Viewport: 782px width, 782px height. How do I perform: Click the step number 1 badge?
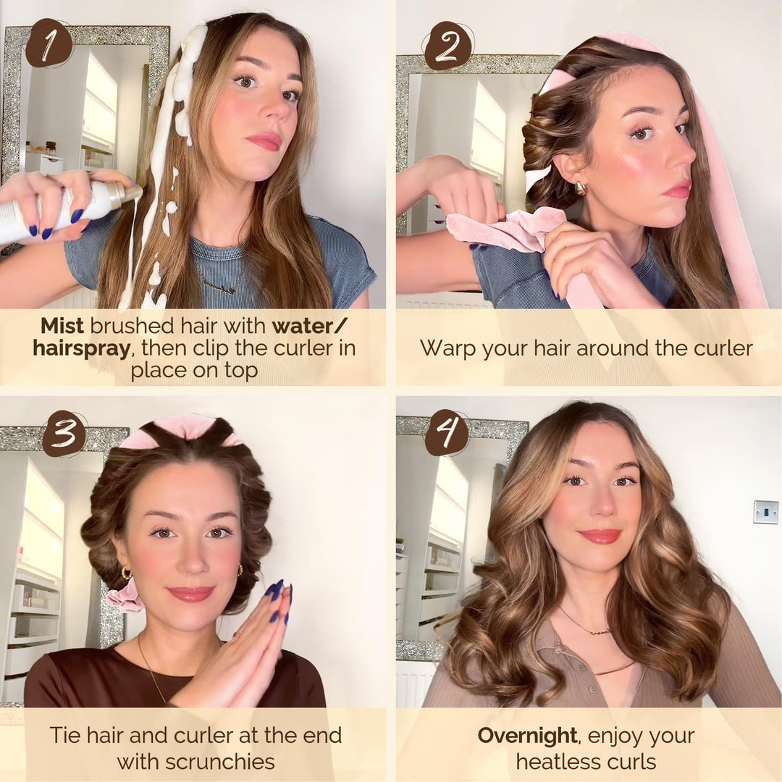click(x=49, y=43)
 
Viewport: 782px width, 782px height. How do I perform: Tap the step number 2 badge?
click(x=448, y=45)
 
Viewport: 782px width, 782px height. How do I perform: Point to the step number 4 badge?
click(x=447, y=433)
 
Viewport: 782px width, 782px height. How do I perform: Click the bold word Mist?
click(x=62, y=325)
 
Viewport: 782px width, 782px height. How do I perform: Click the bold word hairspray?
click(x=81, y=348)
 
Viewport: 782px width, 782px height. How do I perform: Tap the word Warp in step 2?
click(x=443, y=348)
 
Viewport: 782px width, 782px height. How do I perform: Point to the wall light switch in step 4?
click(x=765, y=511)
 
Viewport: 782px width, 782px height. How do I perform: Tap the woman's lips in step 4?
click(x=600, y=536)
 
